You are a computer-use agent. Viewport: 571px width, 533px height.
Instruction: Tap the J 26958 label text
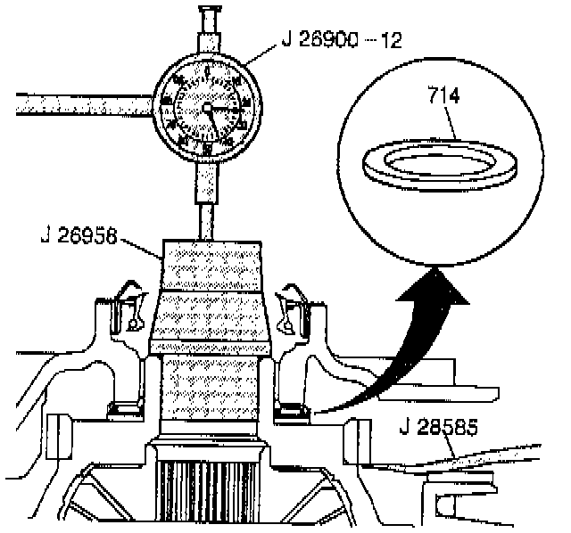click(79, 236)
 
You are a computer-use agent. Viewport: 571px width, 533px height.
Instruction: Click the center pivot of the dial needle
click(208, 108)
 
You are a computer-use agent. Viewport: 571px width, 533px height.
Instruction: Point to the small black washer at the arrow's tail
click(291, 412)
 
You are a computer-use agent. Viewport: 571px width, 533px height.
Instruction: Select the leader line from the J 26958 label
click(139, 246)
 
